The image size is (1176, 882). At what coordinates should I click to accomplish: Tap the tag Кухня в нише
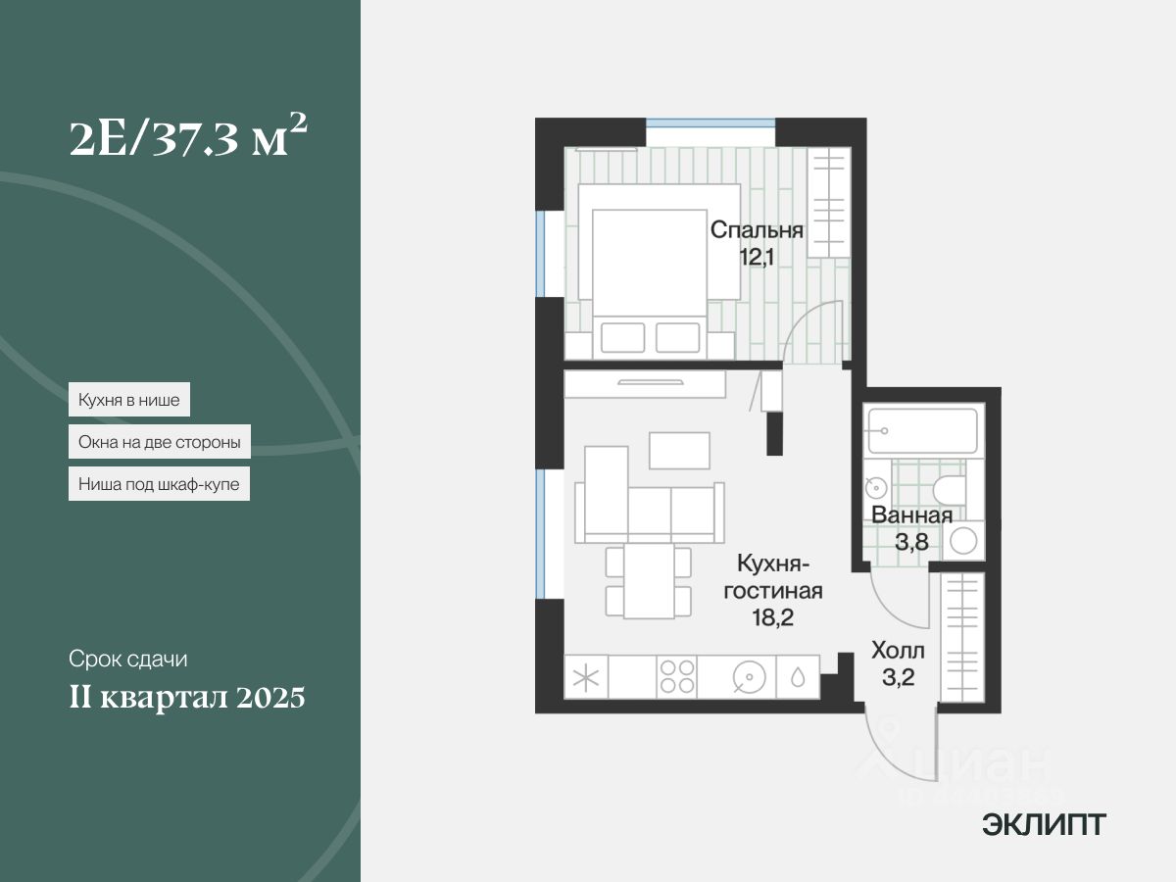pos(129,400)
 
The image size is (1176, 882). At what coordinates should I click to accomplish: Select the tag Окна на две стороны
pos(160,442)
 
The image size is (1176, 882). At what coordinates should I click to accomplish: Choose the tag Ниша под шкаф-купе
pos(159,484)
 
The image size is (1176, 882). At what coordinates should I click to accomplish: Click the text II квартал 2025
pos(187,699)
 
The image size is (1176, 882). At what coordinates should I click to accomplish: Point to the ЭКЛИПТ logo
pos(1044,825)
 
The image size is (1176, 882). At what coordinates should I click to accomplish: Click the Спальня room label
pos(757,231)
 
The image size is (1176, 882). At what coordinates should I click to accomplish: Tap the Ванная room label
pos(911,516)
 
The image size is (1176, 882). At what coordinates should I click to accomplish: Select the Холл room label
pos(898,651)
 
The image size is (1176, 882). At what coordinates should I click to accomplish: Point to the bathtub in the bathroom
pos(922,431)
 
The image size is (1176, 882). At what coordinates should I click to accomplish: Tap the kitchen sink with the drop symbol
pos(798,677)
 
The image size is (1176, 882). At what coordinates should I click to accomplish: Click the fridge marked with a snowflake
pos(587,677)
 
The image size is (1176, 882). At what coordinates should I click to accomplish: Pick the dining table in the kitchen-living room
pos(648,581)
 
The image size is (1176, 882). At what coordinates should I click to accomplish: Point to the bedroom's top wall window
pos(710,123)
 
